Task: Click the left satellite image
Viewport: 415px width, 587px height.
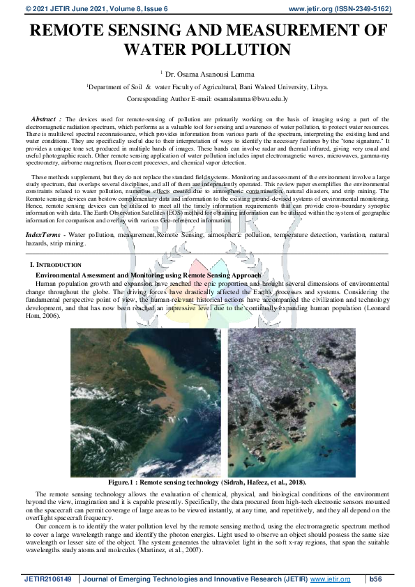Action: click(x=145, y=402)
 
